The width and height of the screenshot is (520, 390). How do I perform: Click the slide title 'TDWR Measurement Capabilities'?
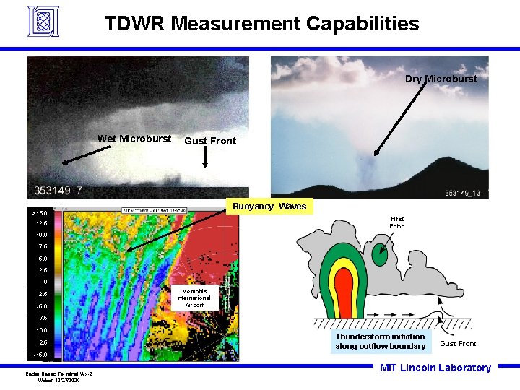click(x=261, y=23)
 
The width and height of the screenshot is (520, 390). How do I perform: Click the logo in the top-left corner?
click(x=42, y=22)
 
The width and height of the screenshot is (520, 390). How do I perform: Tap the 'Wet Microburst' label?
click(x=134, y=139)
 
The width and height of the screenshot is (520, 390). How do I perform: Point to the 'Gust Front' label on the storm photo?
click(x=210, y=141)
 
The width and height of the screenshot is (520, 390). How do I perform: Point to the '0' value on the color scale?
click(x=44, y=282)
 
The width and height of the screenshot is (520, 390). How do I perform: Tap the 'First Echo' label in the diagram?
click(x=397, y=222)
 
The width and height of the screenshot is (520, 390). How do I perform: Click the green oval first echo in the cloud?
click(x=379, y=254)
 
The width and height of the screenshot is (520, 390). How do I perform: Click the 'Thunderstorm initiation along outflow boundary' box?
click(x=380, y=342)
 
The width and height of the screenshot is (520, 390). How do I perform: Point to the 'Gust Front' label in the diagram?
click(x=458, y=344)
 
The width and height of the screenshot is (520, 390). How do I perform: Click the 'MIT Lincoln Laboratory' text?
click(x=435, y=368)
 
